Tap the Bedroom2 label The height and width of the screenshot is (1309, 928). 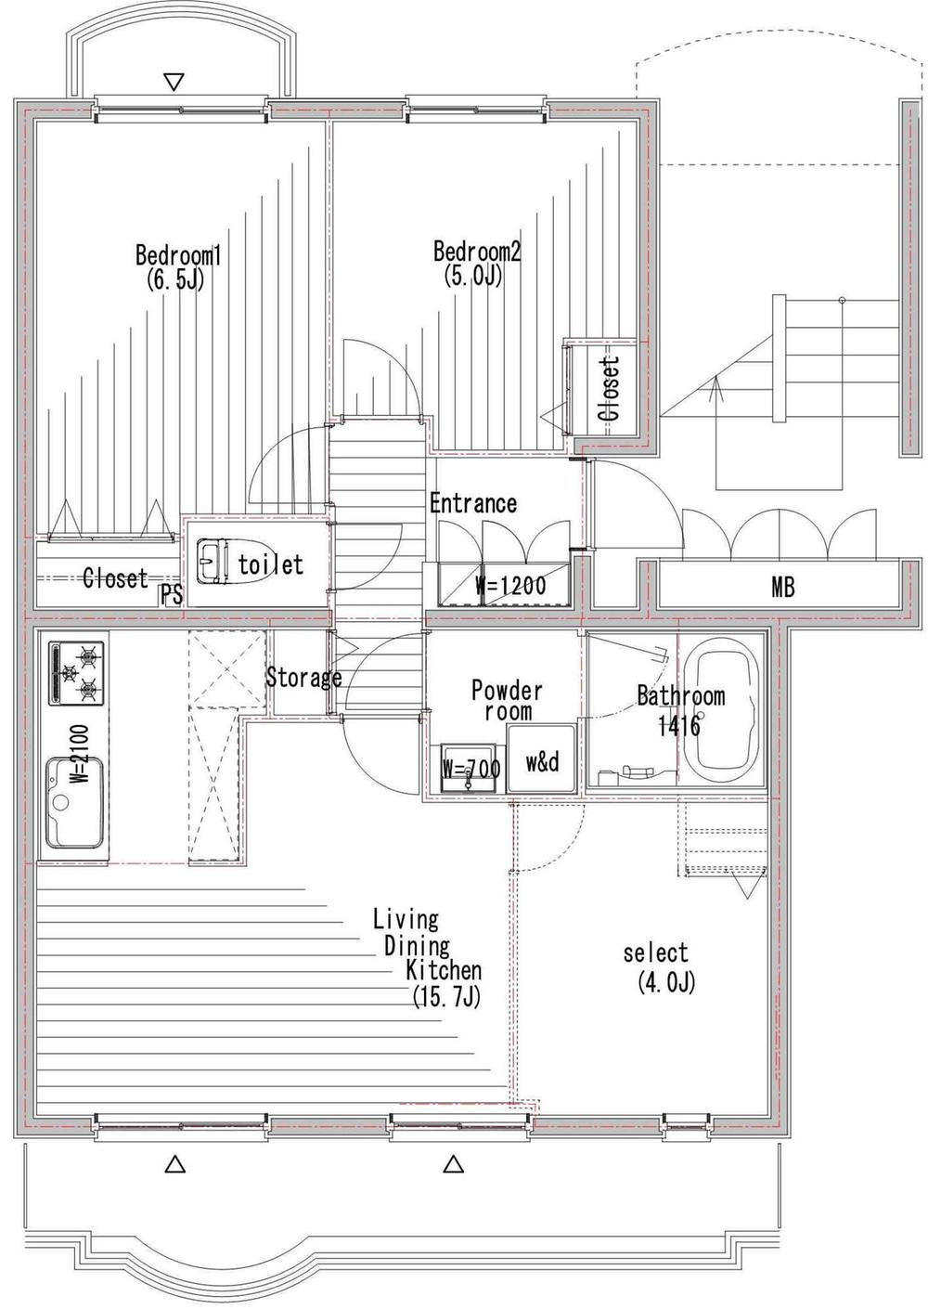(477, 252)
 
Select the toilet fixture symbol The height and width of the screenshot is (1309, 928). (213, 562)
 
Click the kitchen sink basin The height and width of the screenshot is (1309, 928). (73, 800)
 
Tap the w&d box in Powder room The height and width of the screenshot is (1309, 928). (542, 762)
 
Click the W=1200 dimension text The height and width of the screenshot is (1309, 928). (510, 586)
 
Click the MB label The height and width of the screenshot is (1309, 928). (782, 587)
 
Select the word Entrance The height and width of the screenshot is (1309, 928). (472, 503)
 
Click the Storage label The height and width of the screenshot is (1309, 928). (303, 677)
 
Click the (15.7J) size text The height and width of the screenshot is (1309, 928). (448, 997)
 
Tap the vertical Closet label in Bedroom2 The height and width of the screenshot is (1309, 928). (611, 388)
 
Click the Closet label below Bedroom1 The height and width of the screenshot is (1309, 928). (115, 578)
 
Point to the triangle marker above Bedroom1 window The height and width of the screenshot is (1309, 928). (173, 83)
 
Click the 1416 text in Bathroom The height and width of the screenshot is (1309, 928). (679, 725)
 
